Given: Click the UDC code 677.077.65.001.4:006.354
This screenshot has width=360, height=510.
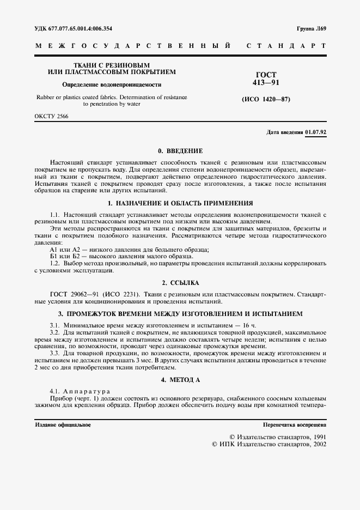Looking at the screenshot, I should (x=85, y=28).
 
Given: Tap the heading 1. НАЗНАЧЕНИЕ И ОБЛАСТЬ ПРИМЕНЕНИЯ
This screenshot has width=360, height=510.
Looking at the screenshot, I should (x=180, y=203).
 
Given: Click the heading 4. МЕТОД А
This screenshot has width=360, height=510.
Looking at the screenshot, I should (x=180, y=379).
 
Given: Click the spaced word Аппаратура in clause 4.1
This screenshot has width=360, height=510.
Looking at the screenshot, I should (x=88, y=391).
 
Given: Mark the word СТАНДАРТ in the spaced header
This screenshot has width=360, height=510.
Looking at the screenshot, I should (x=286, y=46).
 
